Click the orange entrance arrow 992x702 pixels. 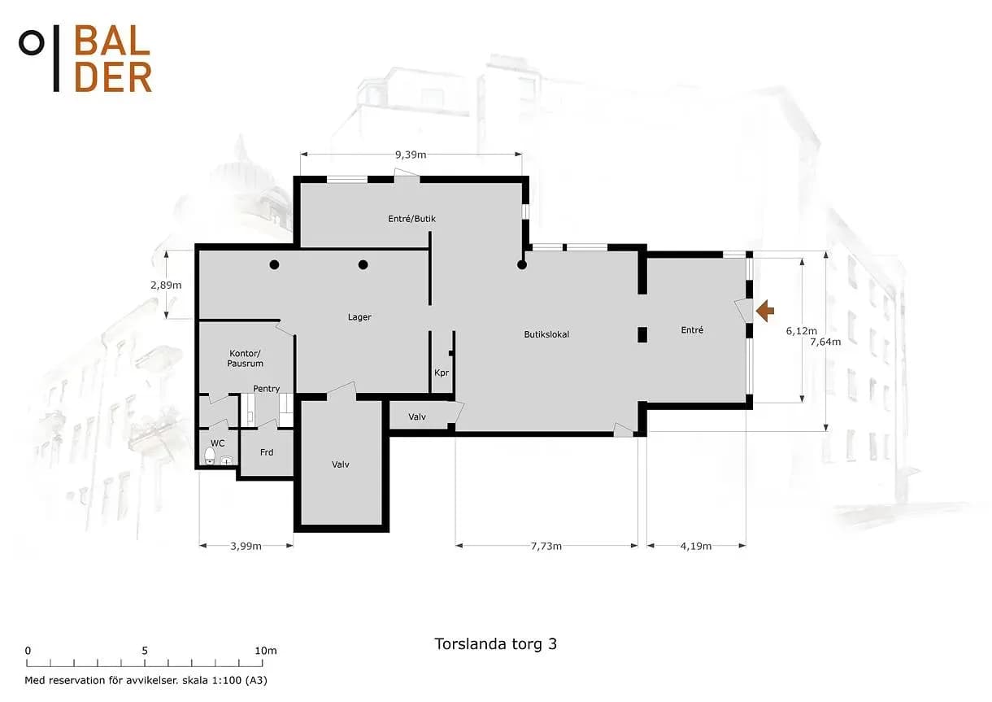pos(765,311)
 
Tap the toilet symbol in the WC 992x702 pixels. pos(210,456)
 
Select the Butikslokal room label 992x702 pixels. pos(546,334)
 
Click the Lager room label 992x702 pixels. pos(359,317)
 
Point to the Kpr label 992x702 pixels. pos(442,373)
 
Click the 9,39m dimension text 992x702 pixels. pos(411,155)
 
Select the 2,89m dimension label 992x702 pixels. pos(166,286)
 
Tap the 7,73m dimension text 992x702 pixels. pos(546,546)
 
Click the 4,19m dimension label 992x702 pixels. pos(696,546)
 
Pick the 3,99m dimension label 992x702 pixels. pos(246,546)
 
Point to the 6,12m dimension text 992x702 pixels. pos(801,331)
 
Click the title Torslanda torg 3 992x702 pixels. pos(495,643)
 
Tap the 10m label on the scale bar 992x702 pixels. pos(266,651)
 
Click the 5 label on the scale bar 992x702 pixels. pos(145,651)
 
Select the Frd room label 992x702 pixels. pos(267,452)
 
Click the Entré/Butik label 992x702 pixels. pos(412,219)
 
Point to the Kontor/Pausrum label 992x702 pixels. pos(246,358)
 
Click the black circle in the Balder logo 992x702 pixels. pos(32,43)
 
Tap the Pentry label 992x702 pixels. pos(266,389)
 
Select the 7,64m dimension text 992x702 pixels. pos(825,342)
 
